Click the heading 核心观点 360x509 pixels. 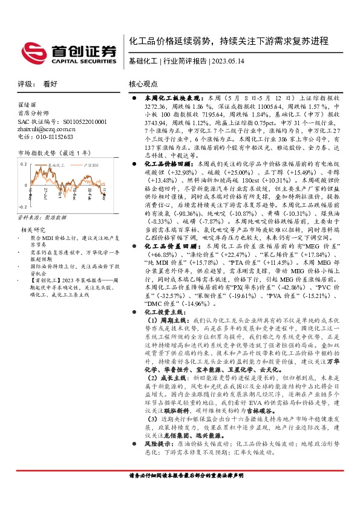point(143,85)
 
